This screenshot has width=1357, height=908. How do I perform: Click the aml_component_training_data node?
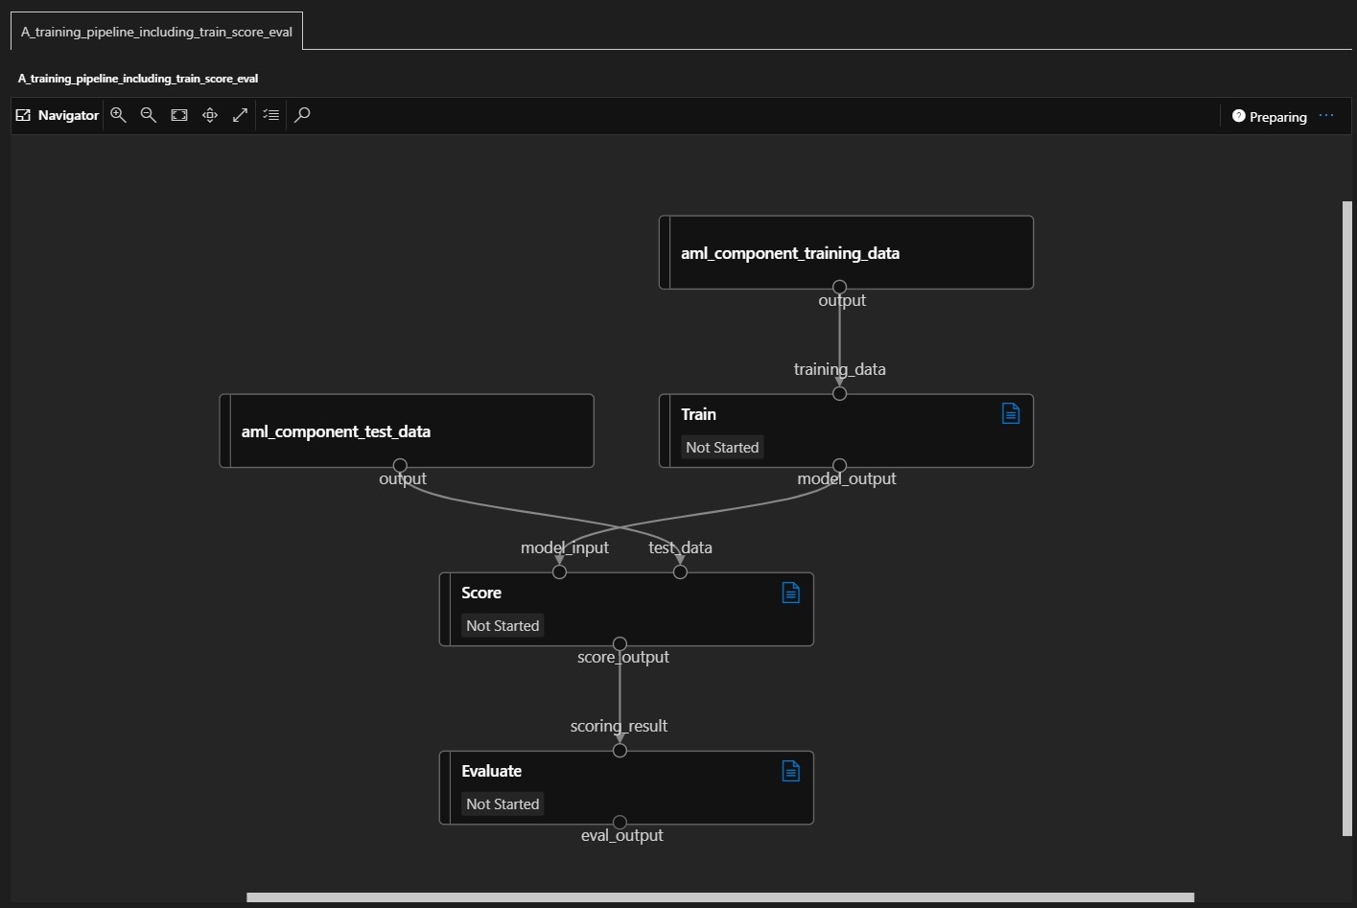tap(846, 252)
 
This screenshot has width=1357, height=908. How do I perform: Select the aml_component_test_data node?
tap(407, 431)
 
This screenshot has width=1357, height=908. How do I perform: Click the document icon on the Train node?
tap(1011, 413)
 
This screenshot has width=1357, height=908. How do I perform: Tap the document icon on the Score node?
tap(790, 593)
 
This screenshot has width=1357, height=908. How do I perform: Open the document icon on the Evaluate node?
tap(790, 771)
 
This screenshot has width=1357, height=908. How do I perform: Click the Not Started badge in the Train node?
tap(722, 447)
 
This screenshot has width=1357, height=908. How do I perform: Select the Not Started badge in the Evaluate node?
tap(503, 803)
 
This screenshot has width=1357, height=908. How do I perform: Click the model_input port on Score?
tap(559, 571)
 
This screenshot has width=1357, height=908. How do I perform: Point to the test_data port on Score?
tap(680, 571)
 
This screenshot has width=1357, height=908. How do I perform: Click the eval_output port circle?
tap(620, 822)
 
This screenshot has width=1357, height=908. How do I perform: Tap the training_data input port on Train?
tap(840, 394)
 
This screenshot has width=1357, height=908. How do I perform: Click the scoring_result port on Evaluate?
tap(620, 751)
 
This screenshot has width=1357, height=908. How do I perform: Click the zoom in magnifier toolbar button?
tap(118, 115)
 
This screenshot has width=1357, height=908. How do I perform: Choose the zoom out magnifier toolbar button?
tap(149, 115)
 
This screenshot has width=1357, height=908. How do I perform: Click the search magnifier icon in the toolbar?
tap(302, 115)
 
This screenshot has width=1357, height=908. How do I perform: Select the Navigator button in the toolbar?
tap(57, 115)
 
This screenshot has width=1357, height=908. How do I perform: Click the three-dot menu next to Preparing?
tap(1326, 116)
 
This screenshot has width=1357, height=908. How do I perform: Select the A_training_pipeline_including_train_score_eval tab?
tap(156, 32)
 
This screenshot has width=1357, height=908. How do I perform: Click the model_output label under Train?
tap(846, 478)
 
